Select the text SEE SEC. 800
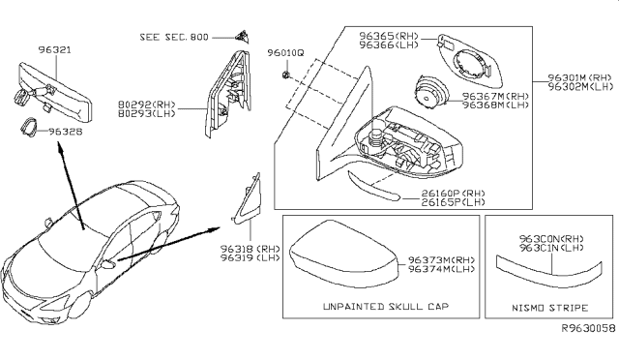click(173, 36)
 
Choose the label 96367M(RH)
click(496, 97)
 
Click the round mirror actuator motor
click(427, 95)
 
